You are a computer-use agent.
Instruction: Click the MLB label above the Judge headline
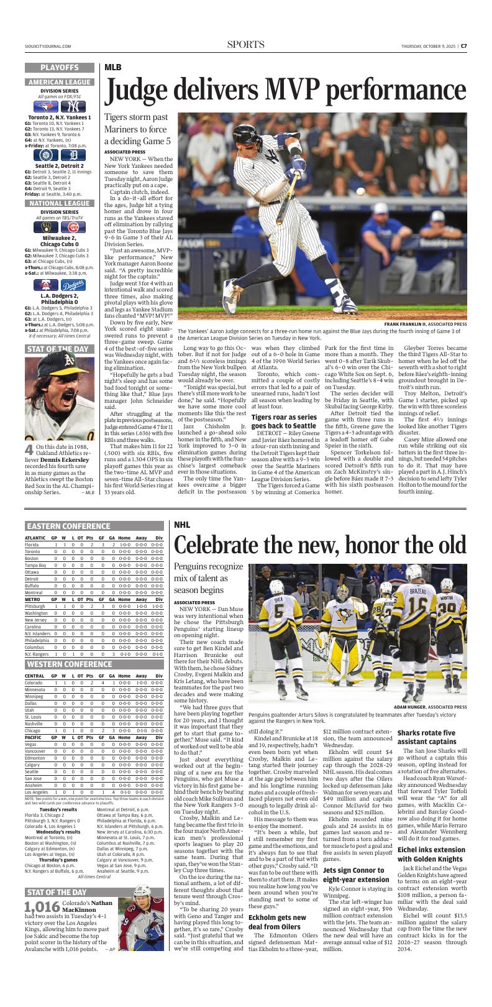tap(113, 67)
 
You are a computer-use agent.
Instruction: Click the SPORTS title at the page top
tap(245, 45)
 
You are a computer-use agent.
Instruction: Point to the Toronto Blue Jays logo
tap(50, 106)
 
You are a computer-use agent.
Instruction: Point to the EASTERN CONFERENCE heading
tap(65, 525)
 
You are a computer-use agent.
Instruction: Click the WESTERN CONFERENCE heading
tap(65, 664)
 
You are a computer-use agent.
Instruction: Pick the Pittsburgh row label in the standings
tap(35, 605)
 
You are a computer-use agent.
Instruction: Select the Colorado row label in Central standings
tap(34, 683)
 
